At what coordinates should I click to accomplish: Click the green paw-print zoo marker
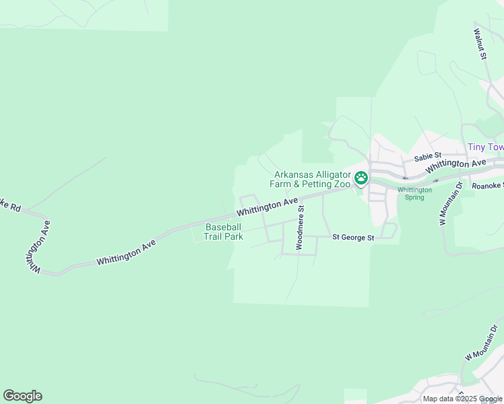[362, 178]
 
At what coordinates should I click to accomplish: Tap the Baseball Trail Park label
[224, 232]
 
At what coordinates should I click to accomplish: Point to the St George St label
[353, 238]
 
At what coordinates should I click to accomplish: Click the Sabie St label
[427, 157]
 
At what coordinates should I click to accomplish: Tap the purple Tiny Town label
[486, 147]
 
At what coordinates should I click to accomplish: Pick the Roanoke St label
[487, 186]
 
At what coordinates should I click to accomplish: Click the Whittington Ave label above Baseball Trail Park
[267, 206]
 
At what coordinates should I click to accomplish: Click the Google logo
[22, 396]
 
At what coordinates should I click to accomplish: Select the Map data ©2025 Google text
[463, 399]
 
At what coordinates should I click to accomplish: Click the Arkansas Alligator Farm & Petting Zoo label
[312, 178]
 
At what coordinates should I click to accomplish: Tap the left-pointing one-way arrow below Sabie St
[405, 178]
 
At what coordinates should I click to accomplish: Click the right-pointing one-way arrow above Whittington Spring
[436, 180]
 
